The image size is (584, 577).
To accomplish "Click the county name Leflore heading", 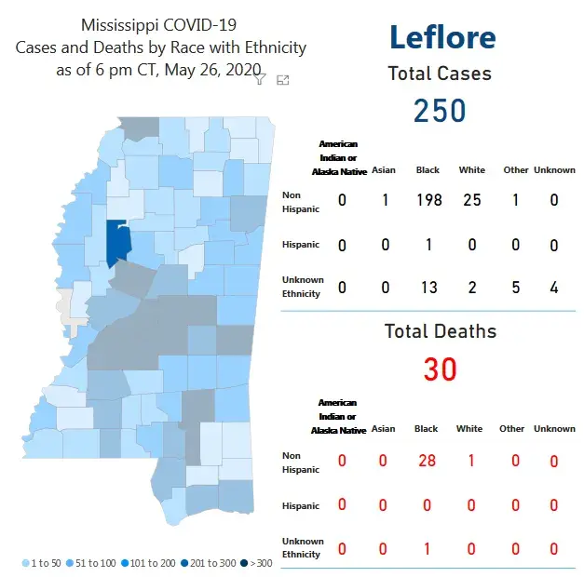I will pyautogui.click(x=442, y=37).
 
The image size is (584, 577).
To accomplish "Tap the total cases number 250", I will pyautogui.click(x=440, y=111).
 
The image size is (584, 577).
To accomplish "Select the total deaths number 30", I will pyautogui.click(x=440, y=369).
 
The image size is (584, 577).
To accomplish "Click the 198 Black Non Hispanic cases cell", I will pyautogui.click(x=429, y=201).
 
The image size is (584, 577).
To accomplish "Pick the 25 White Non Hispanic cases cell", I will pyautogui.click(x=472, y=201).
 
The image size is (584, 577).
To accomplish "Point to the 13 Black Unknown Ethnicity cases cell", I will pyautogui.click(x=429, y=288).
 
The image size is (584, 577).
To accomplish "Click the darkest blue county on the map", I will pyautogui.click(x=117, y=243).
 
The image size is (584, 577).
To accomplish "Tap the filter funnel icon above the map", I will pyautogui.click(x=262, y=80).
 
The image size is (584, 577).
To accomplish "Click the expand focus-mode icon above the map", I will pyautogui.click(x=283, y=80).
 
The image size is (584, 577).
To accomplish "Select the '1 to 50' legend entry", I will pyautogui.click(x=42, y=563).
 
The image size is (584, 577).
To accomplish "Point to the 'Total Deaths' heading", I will pyautogui.click(x=441, y=331).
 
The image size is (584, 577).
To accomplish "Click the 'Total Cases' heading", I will pyautogui.click(x=440, y=74).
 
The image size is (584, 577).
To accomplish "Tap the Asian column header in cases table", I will pyautogui.click(x=383, y=170).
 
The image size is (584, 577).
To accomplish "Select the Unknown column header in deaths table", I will pyautogui.click(x=554, y=429).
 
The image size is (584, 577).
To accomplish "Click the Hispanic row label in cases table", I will pyautogui.click(x=301, y=245).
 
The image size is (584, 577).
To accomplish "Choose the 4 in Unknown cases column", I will pyautogui.click(x=554, y=288).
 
